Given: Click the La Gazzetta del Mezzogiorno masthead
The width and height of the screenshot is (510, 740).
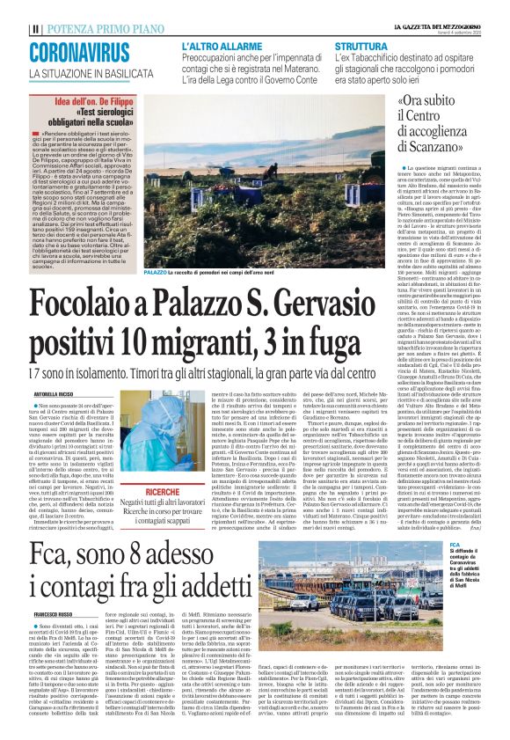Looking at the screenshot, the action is (443, 28).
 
